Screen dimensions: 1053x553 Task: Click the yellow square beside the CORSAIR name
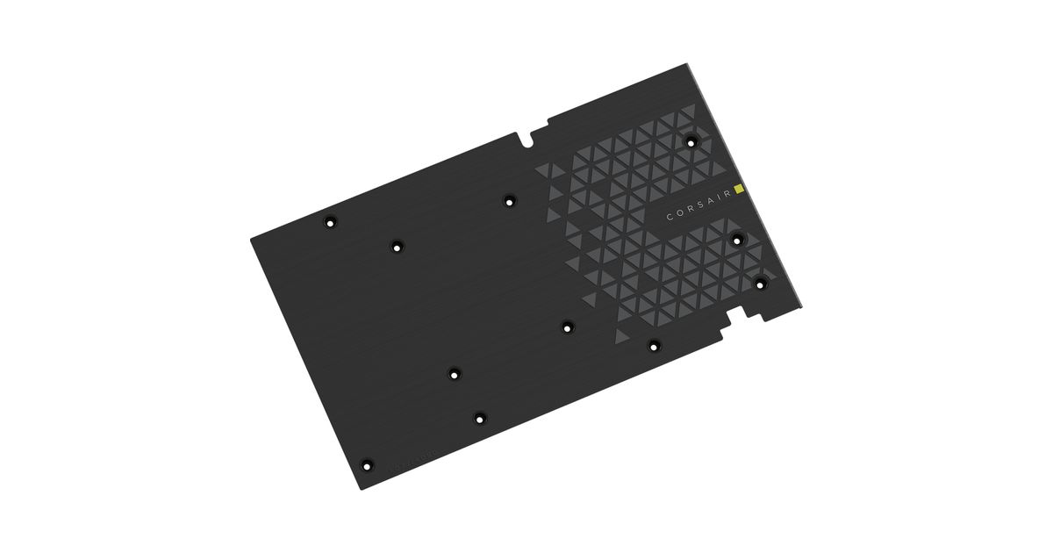point(739,189)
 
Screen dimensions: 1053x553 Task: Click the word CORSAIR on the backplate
point(699,204)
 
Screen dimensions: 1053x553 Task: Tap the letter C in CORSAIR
point(670,216)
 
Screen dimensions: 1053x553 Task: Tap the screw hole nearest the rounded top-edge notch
point(509,202)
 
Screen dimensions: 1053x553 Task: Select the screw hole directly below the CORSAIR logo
point(738,241)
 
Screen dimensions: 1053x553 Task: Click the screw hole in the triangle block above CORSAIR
point(691,141)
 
